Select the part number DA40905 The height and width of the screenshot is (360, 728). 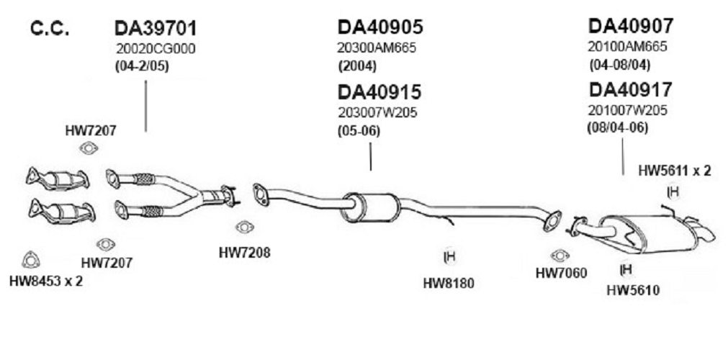coord(380,27)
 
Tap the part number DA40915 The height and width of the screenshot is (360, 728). coord(379,92)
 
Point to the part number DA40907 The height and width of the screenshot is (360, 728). coord(631,26)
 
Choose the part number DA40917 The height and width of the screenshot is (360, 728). coord(630,90)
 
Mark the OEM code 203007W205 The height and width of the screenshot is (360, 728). coord(377,113)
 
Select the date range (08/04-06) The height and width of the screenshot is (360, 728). coord(619,127)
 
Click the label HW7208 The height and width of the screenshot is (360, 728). coord(244,253)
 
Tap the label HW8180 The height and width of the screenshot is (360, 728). coord(448,283)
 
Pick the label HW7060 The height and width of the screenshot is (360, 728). coord(561,273)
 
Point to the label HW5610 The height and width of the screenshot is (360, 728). coord(633,291)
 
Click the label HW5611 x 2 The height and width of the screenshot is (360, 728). coord(675,171)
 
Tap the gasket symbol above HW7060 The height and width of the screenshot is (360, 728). coord(560,256)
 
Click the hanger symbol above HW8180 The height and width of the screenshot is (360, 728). coord(448,256)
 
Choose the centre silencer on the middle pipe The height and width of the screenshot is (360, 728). coord(370,208)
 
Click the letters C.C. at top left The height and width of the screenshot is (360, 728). coord(50,30)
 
